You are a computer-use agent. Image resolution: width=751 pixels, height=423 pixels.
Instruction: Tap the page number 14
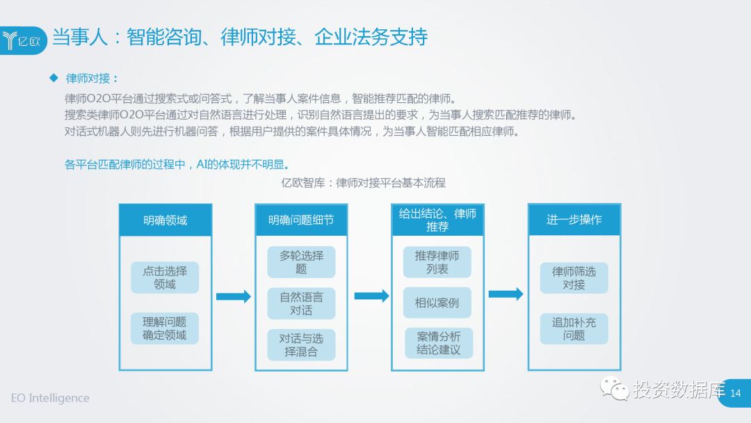(736, 394)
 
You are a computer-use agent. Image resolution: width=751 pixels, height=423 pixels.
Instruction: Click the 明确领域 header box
(165, 220)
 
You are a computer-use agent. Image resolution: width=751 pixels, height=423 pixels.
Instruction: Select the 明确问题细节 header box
(301, 220)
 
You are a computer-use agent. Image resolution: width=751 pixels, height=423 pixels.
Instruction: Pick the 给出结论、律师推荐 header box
(437, 220)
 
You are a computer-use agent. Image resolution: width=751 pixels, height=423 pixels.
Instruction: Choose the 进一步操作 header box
(574, 220)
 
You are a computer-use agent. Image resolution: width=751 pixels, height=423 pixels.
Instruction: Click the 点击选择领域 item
(165, 277)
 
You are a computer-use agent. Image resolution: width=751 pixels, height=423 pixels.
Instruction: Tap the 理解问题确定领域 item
(165, 328)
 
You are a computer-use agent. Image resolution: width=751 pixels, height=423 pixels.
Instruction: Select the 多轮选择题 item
(301, 262)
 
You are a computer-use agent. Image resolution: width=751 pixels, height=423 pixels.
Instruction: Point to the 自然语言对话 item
(301, 303)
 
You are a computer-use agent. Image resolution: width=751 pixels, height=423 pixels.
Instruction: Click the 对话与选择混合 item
(301, 345)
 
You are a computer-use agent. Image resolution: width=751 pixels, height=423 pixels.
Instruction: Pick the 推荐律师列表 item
(437, 262)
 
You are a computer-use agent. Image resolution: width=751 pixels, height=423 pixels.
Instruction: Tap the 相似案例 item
(437, 303)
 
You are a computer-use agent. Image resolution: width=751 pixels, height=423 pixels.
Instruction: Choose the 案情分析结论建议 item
(438, 343)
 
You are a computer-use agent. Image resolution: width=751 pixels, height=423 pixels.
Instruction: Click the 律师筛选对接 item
(574, 278)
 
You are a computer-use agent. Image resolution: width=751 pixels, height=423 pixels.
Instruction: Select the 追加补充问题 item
(574, 328)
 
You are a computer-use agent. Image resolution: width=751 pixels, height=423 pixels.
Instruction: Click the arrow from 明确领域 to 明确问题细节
(233, 296)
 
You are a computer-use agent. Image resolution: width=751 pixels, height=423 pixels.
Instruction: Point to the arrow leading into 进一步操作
(506, 294)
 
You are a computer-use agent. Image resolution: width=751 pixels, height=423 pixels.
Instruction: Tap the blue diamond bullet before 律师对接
(54, 78)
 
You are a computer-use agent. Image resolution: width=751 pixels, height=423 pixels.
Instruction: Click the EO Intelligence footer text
(50, 398)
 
